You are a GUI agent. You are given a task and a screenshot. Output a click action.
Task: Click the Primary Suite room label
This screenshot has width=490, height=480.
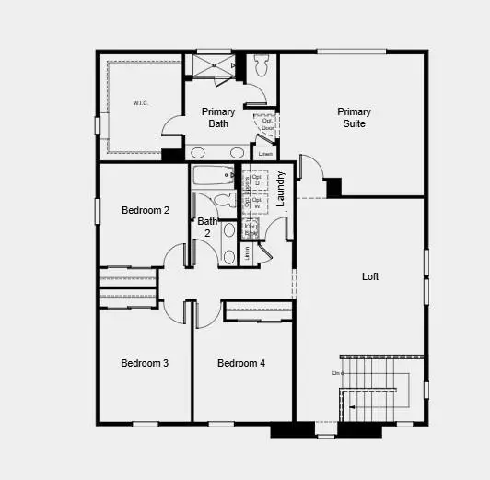[x=354, y=118]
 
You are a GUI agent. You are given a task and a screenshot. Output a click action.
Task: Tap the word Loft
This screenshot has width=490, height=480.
[x=370, y=276]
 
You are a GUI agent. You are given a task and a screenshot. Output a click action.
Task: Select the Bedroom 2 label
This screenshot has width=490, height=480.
[x=146, y=210]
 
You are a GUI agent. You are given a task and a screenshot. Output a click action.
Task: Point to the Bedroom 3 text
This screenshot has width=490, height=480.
[x=145, y=363]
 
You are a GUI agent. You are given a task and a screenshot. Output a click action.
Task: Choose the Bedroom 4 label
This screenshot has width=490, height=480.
[x=241, y=363]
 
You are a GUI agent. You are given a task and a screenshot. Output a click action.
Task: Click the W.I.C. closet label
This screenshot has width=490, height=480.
[x=140, y=103]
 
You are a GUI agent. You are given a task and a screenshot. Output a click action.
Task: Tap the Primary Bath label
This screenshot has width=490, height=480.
[x=218, y=117]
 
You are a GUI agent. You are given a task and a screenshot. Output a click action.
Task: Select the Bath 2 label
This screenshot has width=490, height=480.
[x=207, y=228]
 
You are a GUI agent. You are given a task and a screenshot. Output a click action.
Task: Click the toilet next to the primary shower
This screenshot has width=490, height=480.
[x=261, y=64]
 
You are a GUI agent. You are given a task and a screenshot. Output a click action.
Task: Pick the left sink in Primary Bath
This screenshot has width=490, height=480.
[x=199, y=153]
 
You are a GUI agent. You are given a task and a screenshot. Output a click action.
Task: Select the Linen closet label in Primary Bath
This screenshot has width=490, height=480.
[x=264, y=153]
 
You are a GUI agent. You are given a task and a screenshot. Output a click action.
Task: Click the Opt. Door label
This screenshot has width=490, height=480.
[x=267, y=124]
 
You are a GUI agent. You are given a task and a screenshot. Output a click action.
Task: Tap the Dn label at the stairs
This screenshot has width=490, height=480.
[x=337, y=372]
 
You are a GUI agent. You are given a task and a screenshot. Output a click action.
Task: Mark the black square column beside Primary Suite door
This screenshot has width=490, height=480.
[x=333, y=187]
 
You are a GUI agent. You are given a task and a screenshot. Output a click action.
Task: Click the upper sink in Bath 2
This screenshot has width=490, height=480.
[x=229, y=231]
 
